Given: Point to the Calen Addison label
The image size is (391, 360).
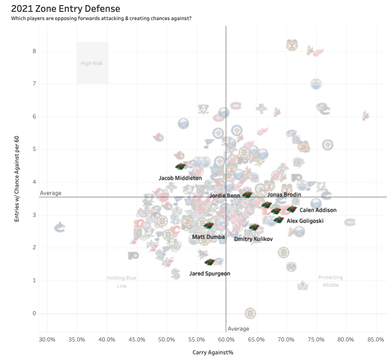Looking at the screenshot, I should coord(318,210).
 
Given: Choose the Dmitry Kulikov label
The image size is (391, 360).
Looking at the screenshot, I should coord(253,239).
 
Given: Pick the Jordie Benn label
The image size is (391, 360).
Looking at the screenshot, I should coord(224,196).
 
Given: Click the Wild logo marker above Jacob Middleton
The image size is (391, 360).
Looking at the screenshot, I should coord(180,166).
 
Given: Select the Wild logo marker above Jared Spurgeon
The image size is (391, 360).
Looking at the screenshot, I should coord(209,262).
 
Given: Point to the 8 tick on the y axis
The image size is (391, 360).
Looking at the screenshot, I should coord(33,51).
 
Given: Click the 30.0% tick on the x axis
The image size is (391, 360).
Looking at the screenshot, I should coord(47,339).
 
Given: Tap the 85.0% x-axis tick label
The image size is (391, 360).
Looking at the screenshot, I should coord(376,339).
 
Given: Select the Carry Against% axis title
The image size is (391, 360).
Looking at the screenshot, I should coord(213,352).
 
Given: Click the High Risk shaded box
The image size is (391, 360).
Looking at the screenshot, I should coord(93,63).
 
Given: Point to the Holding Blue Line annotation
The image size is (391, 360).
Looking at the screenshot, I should coord(121,282).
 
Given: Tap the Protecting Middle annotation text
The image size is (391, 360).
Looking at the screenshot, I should coord(330,281).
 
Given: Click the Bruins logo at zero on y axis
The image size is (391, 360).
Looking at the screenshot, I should coord(251,313).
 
